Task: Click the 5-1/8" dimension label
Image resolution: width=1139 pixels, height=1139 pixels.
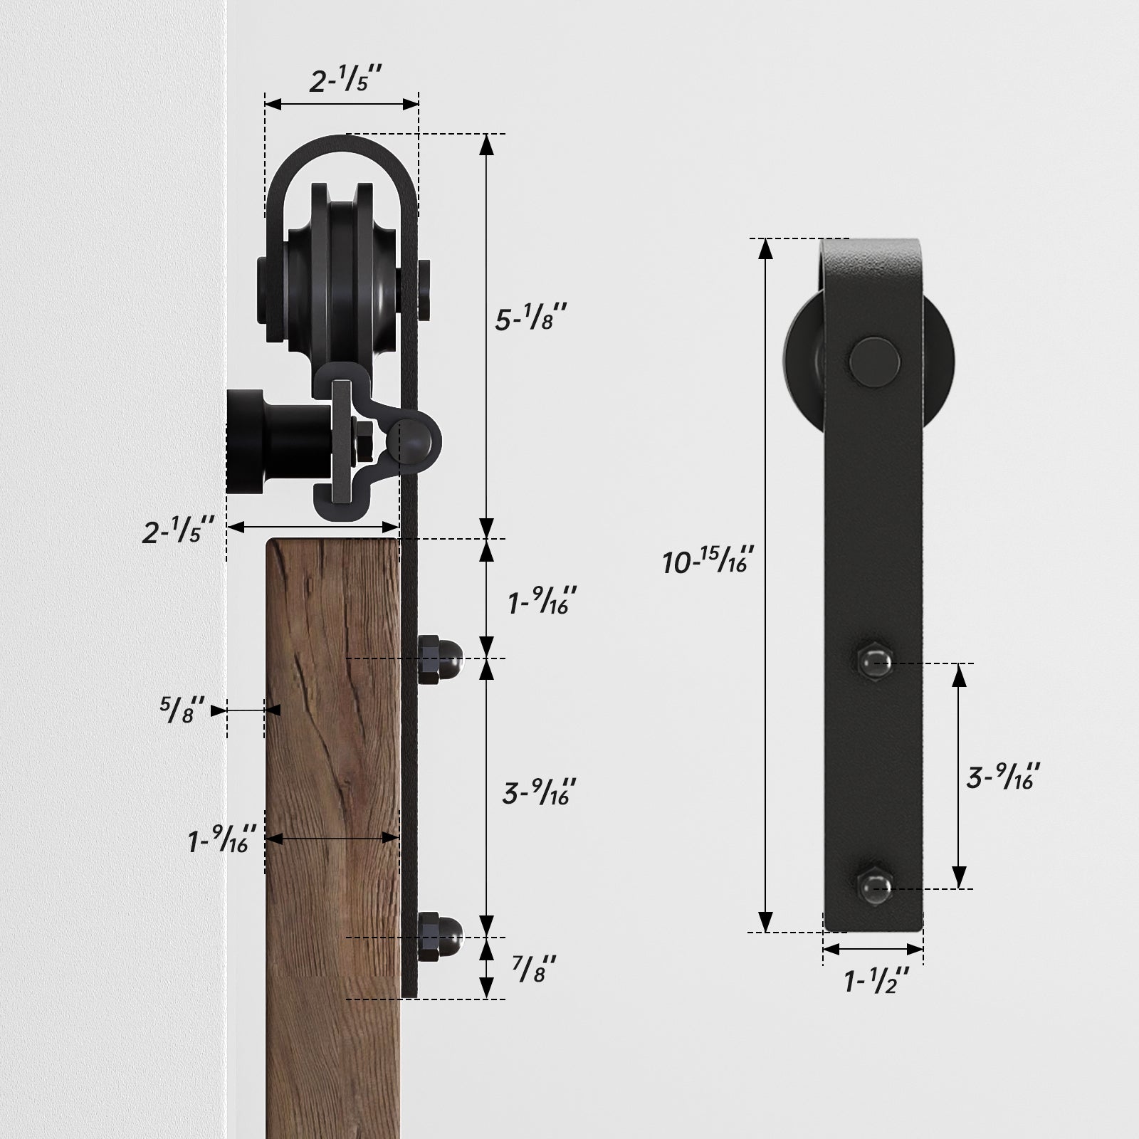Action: pos(531,319)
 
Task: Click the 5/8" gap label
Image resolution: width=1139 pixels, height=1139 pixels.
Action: pos(182,710)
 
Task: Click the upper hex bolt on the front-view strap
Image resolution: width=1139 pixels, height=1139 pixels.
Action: pos(874,663)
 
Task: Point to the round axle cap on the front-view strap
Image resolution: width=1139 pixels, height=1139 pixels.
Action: pos(873,362)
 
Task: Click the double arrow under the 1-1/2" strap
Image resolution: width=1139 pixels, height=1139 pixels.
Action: pos(873,949)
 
